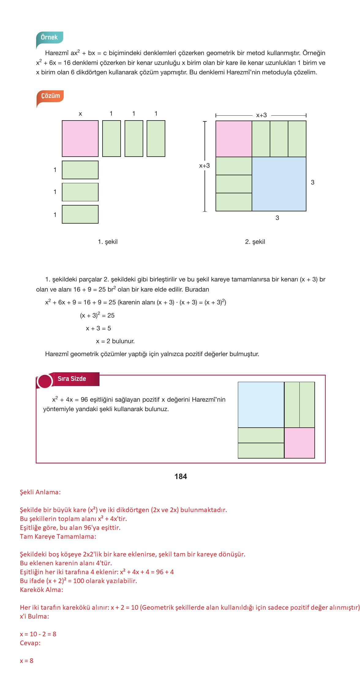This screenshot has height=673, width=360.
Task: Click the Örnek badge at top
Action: click(49, 37)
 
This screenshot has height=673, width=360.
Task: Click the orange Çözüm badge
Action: click(51, 96)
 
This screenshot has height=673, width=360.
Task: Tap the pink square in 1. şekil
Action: click(80, 139)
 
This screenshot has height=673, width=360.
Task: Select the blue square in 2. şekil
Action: click(279, 184)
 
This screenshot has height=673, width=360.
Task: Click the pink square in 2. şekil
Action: click(234, 139)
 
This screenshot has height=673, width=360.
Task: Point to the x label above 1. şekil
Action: click(80, 114)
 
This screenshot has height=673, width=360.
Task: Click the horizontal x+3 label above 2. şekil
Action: click(261, 115)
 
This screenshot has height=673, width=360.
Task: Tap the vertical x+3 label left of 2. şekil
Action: click(204, 166)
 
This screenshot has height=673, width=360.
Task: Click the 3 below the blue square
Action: click(277, 218)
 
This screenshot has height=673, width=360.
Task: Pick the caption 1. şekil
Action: click(107, 242)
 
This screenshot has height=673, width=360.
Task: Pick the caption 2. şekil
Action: click(255, 242)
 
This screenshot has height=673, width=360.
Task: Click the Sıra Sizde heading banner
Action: click(72, 379)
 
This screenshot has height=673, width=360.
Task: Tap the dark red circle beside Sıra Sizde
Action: click(45, 381)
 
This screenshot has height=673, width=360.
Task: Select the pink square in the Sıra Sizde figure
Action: click(299, 443)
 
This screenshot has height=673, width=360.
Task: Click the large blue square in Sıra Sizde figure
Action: click(261, 405)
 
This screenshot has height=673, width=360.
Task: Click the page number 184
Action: click(181, 477)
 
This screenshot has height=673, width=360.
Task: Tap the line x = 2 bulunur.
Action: click(115, 341)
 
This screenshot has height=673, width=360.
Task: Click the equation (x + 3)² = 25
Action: click(97, 315)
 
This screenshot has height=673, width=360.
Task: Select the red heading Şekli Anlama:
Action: click(40, 492)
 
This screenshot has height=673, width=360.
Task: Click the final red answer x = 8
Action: click(27, 661)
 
